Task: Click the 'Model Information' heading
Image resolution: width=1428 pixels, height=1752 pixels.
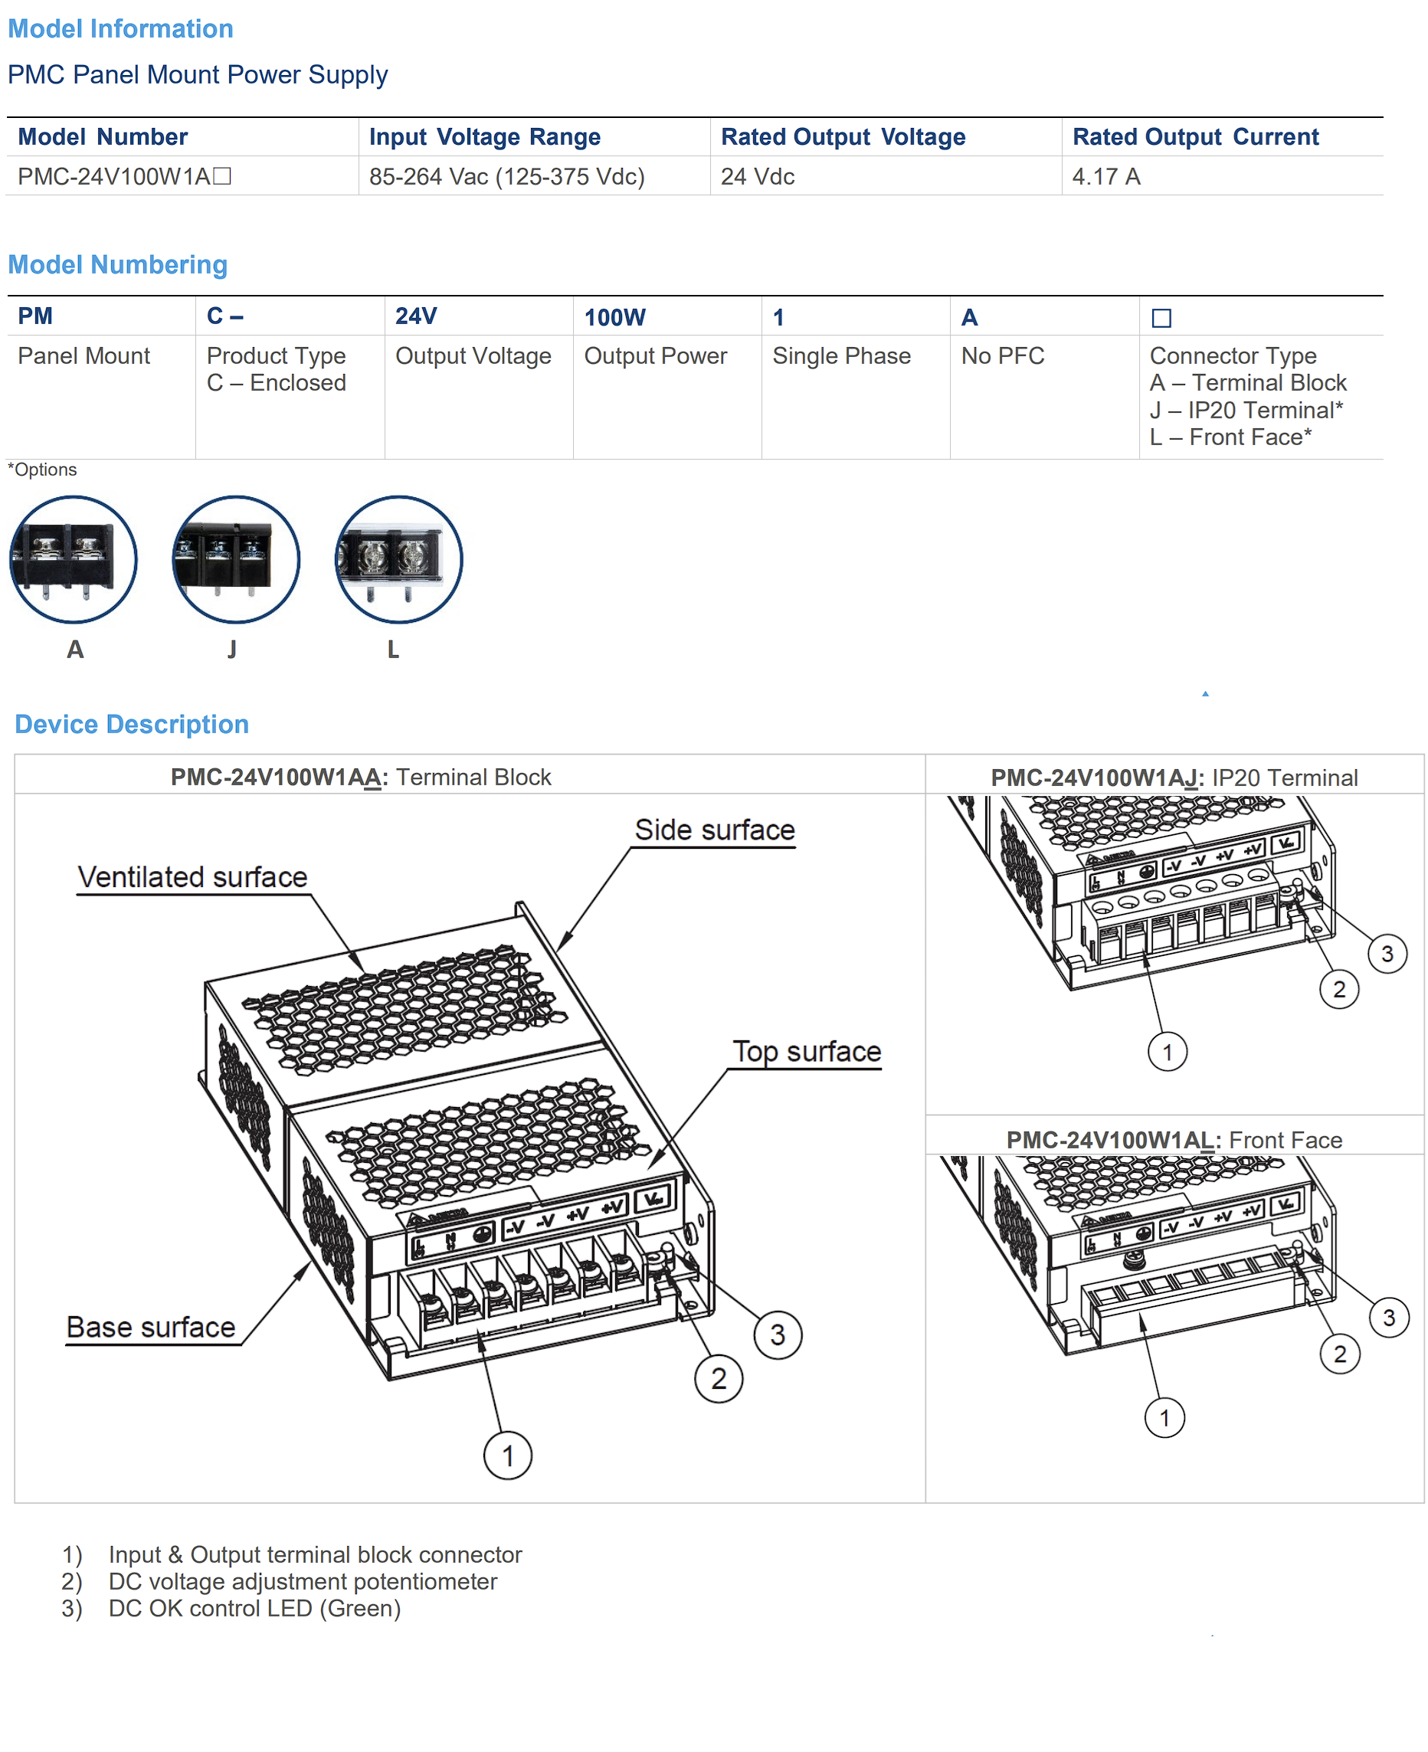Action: point(120,29)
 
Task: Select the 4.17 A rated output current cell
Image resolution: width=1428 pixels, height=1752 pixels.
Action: point(1105,176)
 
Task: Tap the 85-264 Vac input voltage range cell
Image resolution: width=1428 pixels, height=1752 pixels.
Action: point(506,176)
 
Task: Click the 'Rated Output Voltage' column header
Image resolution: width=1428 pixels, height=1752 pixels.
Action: point(843,136)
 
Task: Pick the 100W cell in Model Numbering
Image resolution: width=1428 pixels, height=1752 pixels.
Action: point(614,316)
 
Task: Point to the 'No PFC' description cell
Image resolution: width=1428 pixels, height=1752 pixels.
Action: point(1003,355)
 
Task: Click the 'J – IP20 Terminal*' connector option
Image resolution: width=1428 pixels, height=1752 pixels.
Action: point(1246,410)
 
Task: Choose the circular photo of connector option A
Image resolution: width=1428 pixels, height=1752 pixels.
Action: point(74,559)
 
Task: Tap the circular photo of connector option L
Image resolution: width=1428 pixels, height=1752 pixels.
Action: point(399,559)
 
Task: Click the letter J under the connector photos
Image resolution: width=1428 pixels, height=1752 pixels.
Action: point(232,649)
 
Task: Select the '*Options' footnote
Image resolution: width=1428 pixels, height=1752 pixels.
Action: point(42,470)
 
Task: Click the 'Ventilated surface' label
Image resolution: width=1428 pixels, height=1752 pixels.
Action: point(192,877)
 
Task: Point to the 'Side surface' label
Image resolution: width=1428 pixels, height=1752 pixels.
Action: point(715,830)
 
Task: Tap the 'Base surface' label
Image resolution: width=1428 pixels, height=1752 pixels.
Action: point(152,1327)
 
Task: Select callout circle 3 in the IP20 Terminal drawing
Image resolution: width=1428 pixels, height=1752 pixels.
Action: point(1387,953)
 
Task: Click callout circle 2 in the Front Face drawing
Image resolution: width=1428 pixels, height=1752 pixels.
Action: point(1340,1354)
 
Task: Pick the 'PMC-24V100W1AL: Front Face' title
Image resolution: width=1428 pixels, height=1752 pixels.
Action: point(1174,1140)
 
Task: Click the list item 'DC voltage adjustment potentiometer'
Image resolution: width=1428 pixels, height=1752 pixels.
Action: point(303,1581)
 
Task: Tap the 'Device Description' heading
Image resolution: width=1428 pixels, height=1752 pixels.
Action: point(132,724)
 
